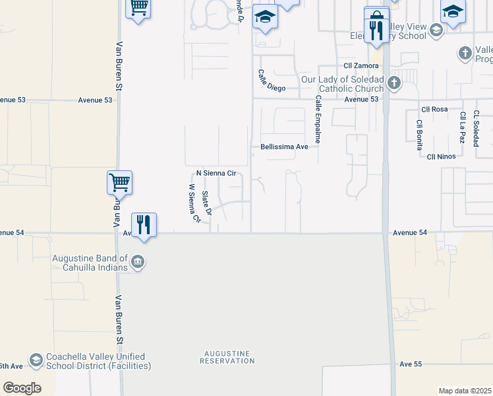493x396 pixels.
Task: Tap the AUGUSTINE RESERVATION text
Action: [x=227, y=357]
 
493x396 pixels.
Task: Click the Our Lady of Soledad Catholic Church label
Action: [x=342, y=84]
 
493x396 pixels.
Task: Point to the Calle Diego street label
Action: [x=272, y=81]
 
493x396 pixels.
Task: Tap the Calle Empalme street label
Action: [x=318, y=119]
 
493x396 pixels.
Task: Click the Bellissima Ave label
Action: [x=284, y=147]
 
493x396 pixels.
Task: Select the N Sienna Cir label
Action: [x=216, y=174]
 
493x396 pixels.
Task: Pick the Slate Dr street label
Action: [x=206, y=203]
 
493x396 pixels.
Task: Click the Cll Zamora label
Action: [x=361, y=66]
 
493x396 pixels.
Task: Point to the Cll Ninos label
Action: [x=442, y=156]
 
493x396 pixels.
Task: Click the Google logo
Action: [x=22, y=388]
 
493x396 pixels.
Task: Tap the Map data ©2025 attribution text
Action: [x=464, y=391]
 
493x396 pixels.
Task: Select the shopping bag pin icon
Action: [x=376, y=16]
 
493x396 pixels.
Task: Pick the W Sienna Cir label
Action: [x=194, y=204]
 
